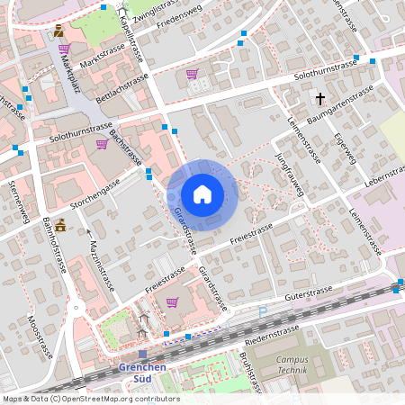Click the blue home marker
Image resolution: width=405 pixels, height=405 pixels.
[202, 193]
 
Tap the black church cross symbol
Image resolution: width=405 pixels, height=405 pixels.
[319, 98]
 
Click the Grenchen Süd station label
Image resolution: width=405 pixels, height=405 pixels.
[141, 372]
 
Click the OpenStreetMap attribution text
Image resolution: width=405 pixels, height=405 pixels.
[90, 399]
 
